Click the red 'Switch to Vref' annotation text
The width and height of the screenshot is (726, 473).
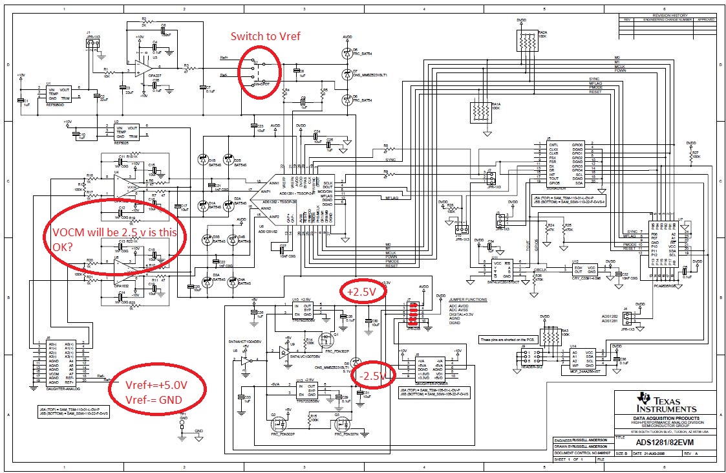[x=267, y=37]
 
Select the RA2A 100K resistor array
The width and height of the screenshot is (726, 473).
[x=528, y=42]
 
